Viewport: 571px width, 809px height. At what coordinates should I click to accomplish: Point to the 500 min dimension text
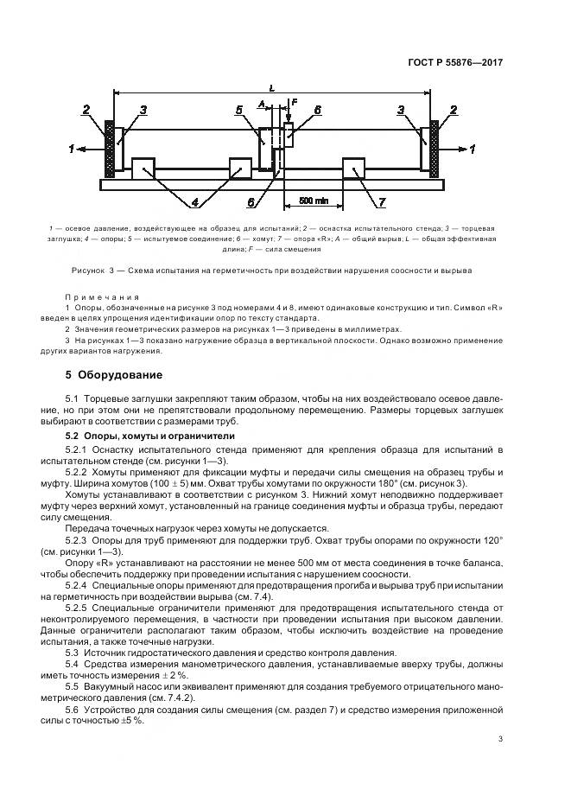tap(315, 201)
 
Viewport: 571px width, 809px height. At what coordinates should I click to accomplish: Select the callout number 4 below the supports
tap(195, 203)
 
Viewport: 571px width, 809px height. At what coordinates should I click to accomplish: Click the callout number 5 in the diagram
tap(238, 110)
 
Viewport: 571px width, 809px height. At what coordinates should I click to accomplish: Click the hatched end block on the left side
tap(109, 147)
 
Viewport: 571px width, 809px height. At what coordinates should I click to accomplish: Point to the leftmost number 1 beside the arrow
tap(71, 150)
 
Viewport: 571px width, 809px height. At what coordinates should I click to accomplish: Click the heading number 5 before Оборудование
tap(69, 375)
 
